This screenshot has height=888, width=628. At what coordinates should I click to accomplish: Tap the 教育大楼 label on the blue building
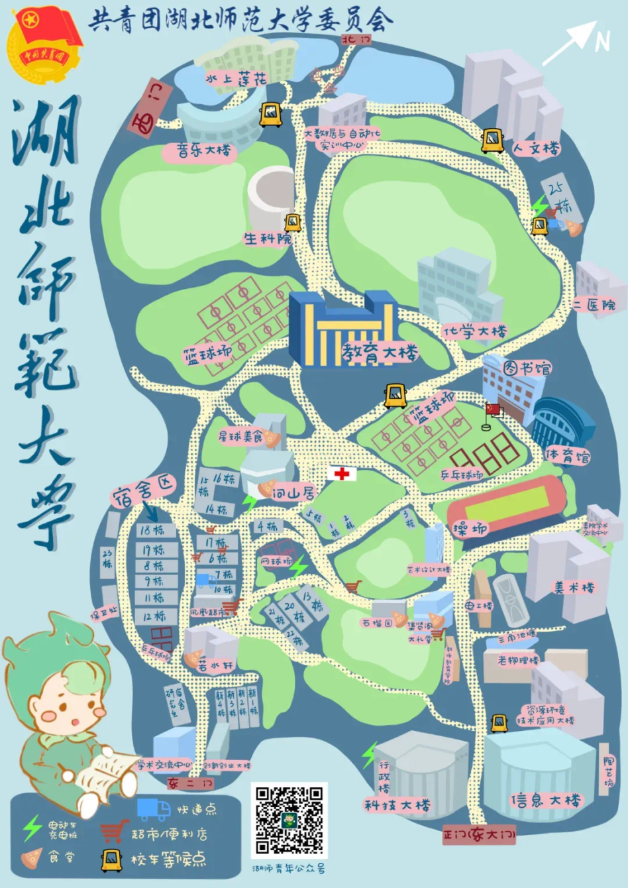tap(380, 353)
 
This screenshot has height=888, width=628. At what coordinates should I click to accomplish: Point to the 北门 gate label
tap(356, 40)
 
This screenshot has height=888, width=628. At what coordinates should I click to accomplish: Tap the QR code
tap(289, 820)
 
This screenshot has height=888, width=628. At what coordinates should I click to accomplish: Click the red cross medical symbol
tap(342, 473)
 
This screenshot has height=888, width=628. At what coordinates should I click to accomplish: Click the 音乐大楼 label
tap(203, 151)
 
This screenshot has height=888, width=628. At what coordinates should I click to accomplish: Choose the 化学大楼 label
tap(475, 331)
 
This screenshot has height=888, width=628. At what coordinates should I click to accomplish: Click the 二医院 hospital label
tap(594, 305)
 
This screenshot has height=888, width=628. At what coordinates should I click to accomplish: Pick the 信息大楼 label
tap(545, 800)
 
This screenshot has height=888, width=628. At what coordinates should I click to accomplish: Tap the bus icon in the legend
tap(111, 860)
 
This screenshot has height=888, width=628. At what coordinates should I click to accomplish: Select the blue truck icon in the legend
tap(154, 808)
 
